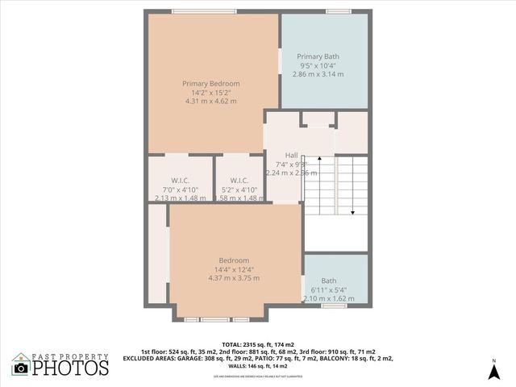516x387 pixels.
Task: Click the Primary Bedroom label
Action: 210,83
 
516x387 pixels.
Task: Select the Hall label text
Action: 292,155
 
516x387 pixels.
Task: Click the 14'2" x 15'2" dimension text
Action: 210,93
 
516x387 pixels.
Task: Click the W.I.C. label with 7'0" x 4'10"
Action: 179,180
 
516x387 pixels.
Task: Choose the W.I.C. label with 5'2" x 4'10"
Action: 239,180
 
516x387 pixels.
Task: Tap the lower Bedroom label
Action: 234,260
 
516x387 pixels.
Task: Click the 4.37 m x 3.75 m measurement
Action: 234,278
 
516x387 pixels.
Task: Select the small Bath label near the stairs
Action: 329,281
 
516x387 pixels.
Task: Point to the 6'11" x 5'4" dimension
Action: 329,289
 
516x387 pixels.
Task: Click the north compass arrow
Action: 493,370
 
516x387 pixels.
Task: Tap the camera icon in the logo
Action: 22,368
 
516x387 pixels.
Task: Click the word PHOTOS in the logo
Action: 71,368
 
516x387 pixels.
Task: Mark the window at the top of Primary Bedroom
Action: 193,10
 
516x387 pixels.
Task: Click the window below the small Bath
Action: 334,306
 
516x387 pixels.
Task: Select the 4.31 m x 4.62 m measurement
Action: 210,102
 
